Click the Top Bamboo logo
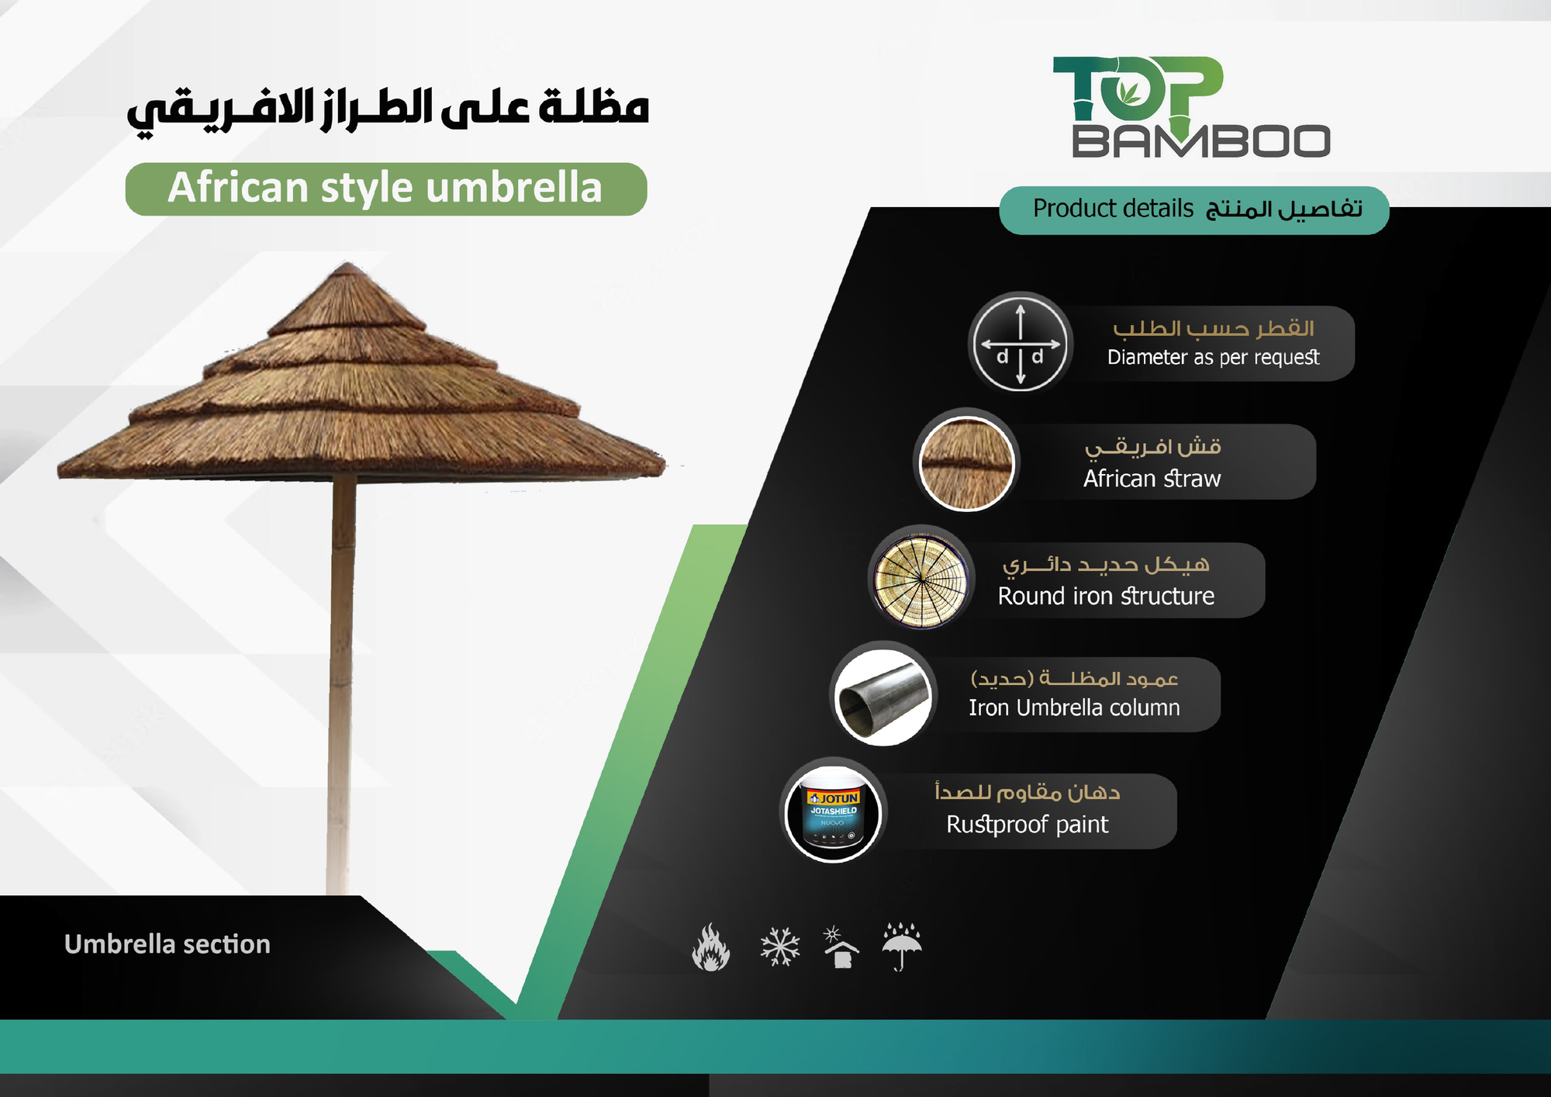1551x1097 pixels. [x=1191, y=107]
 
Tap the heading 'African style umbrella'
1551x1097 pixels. [x=385, y=188]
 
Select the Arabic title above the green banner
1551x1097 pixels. [x=388, y=110]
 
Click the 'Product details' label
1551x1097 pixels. [x=1113, y=209]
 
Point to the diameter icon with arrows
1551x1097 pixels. [x=1021, y=343]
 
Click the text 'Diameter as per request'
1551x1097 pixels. [x=1213, y=357]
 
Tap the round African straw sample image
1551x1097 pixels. [x=966, y=463]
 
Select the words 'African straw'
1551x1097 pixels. [x=1152, y=479]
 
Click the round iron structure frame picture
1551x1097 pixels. [x=921, y=579]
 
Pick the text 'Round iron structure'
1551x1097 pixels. [x=1106, y=596]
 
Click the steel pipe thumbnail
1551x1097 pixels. [x=883, y=697]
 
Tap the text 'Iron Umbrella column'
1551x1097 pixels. [x=1074, y=708]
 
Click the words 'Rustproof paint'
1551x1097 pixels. [x=1027, y=824]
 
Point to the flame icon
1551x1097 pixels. [x=710, y=947]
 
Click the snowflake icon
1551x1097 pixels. [x=779, y=946]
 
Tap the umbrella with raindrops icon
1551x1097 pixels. [x=902, y=946]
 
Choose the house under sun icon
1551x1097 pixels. [x=840, y=946]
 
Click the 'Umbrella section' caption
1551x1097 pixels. [x=168, y=944]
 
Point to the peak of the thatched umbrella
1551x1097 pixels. [x=347, y=264]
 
